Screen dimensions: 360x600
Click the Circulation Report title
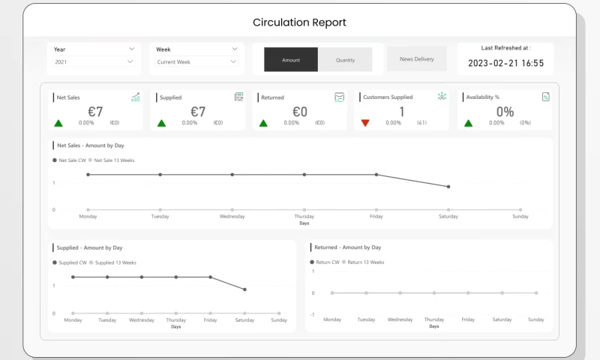pos(299,22)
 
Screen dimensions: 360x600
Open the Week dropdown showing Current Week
pos(196,61)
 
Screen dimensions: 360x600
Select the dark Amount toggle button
pos(291,59)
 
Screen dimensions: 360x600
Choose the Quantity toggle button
pos(345,59)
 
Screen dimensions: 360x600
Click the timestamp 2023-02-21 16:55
pos(505,64)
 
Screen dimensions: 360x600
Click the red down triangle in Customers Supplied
pos(365,123)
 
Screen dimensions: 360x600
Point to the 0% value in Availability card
pos(505,112)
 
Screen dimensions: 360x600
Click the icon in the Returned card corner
pos(340,97)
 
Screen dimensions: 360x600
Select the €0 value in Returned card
pos(299,112)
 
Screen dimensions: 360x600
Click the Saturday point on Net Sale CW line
pos(448,187)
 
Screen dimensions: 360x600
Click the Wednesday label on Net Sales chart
pos(232,216)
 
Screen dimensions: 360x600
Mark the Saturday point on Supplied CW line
pos(244,289)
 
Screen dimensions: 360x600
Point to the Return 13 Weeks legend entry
pos(363,262)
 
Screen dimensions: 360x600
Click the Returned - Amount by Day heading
pos(347,247)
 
